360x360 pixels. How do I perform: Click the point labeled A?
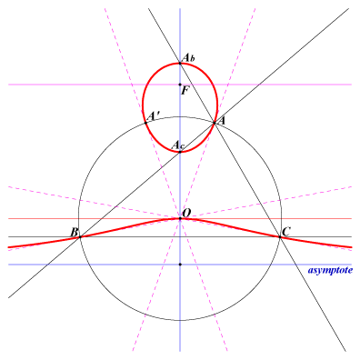click(215, 123)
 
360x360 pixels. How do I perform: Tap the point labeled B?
click(80, 236)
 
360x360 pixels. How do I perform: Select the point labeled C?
click(280, 236)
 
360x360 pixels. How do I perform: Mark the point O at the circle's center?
click(180, 218)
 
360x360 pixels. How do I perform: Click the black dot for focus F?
click(180, 85)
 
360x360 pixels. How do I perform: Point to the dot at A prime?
click(145, 123)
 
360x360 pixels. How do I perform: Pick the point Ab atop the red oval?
click(180, 63)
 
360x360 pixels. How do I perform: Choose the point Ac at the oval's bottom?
click(180, 152)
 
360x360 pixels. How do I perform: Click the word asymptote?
click(330, 270)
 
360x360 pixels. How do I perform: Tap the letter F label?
click(185, 91)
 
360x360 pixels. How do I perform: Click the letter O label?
click(186, 213)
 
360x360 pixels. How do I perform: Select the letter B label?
click(75, 233)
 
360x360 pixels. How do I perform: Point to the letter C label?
click(286, 232)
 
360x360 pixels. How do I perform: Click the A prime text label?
click(154, 116)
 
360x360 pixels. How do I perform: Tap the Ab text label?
click(188, 57)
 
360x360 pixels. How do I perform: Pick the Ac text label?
click(178, 145)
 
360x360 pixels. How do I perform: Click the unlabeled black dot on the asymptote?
click(180, 265)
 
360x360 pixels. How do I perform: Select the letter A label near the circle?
click(222, 121)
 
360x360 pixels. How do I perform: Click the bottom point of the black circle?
click(180, 320)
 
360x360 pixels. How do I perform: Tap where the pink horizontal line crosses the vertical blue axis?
click(180, 85)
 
